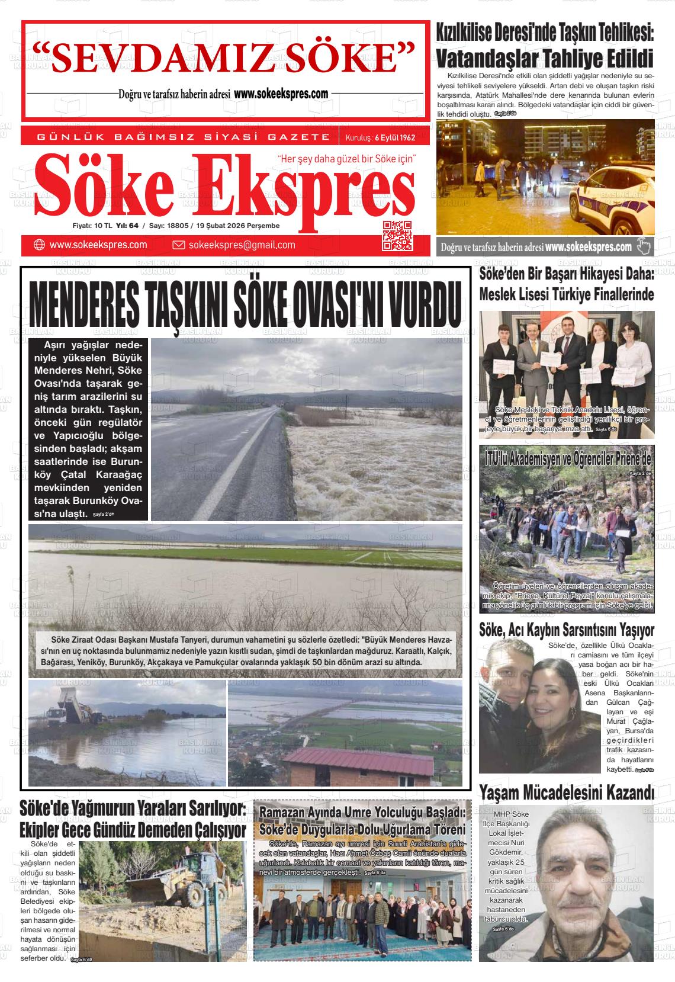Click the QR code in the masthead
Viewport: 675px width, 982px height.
pos(397,235)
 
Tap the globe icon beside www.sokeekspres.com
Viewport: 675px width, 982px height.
pos(40,245)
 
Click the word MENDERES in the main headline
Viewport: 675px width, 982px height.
pos(83,303)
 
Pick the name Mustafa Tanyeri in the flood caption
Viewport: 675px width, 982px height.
pos(177,640)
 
